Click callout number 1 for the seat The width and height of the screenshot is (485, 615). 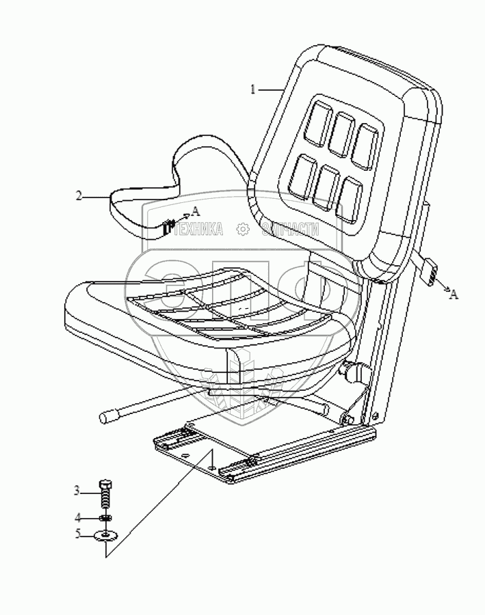coord(252,89)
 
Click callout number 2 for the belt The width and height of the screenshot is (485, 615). coord(79,197)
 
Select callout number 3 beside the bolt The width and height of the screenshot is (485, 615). coord(77,490)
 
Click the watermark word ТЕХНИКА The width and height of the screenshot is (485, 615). coord(200,230)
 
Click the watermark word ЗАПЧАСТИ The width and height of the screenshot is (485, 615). coord(290,230)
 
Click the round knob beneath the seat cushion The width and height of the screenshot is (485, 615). coord(357,372)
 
